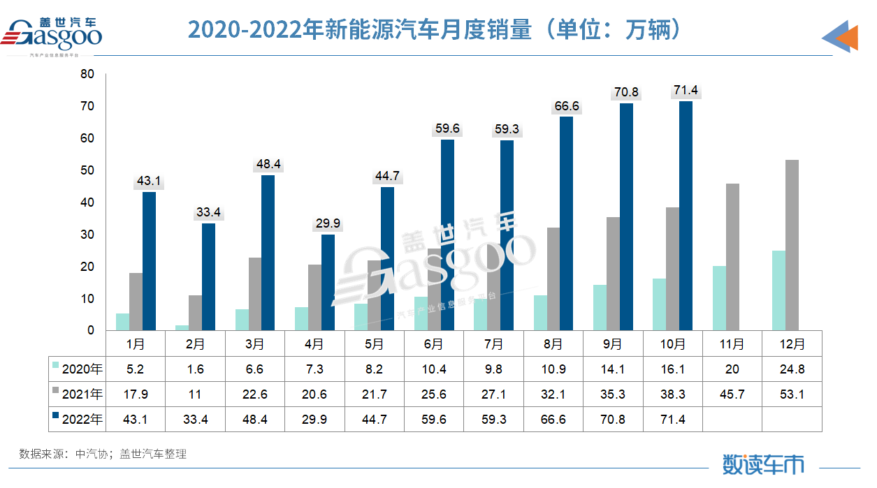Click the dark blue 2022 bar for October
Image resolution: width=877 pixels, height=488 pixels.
(x=686, y=216)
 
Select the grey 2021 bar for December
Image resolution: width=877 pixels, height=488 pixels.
(x=792, y=245)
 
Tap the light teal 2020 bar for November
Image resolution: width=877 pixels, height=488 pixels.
(x=719, y=298)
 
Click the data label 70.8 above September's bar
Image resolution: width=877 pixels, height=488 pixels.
(x=626, y=93)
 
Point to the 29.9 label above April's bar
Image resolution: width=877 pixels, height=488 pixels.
(x=328, y=223)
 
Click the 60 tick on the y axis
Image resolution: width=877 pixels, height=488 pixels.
(x=87, y=138)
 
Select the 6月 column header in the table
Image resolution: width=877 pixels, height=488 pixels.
(x=433, y=344)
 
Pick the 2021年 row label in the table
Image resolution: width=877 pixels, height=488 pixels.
(x=82, y=394)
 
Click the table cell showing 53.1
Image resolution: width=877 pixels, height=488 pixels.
(x=792, y=394)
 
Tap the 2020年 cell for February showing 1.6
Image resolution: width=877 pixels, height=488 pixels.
(x=195, y=369)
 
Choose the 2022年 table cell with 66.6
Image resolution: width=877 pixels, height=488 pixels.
(x=553, y=419)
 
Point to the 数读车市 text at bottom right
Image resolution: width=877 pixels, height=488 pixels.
(x=762, y=464)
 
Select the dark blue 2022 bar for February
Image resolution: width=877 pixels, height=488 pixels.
(x=208, y=276)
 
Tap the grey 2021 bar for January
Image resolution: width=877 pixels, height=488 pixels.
(x=136, y=302)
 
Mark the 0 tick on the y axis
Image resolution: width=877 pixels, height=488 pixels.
(x=90, y=331)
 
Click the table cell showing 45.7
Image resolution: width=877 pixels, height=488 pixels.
(x=732, y=394)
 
